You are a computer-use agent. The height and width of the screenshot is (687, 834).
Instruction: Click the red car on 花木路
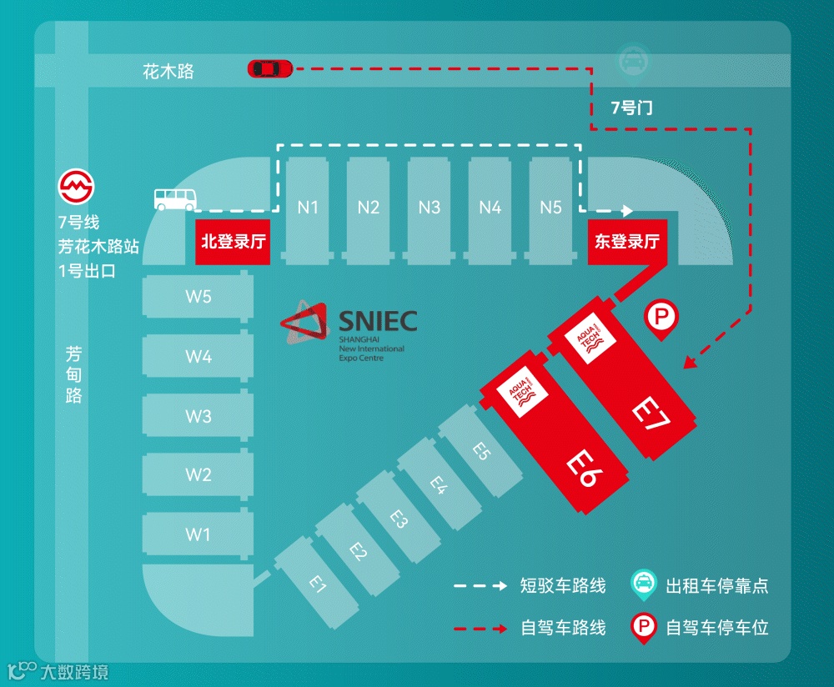click(x=269, y=68)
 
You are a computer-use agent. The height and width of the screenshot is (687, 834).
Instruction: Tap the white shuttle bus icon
click(x=175, y=198)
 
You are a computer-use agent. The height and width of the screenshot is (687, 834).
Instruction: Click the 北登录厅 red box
click(x=234, y=242)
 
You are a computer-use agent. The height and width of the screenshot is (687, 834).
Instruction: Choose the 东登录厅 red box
click(x=627, y=242)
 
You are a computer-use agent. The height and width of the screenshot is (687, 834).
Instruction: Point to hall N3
click(x=430, y=208)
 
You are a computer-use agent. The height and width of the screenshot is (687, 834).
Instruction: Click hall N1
click(x=308, y=208)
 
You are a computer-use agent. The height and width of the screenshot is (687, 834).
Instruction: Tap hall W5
click(x=198, y=297)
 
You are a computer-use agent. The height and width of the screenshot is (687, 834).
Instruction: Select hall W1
click(x=198, y=534)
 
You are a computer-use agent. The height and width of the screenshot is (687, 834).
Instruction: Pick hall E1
click(x=316, y=584)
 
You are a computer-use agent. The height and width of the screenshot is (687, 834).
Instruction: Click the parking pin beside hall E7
click(x=661, y=318)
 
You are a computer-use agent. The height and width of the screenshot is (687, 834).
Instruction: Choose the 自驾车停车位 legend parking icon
click(x=643, y=626)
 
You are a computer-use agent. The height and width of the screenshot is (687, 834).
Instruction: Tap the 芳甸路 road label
click(x=74, y=375)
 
